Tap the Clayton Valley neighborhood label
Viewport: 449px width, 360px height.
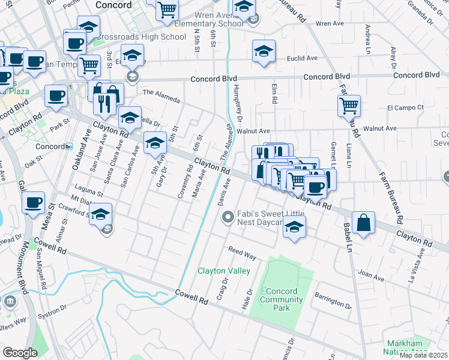point(224,271)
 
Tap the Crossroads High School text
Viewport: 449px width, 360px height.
point(140,37)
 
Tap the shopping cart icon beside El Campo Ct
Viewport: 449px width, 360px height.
point(349,106)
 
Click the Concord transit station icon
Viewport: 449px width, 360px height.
point(70,146)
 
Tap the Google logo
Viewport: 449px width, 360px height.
point(20,352)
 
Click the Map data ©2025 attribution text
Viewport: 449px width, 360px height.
point(423,355)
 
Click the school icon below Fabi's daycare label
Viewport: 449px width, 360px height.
point(294,227)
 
